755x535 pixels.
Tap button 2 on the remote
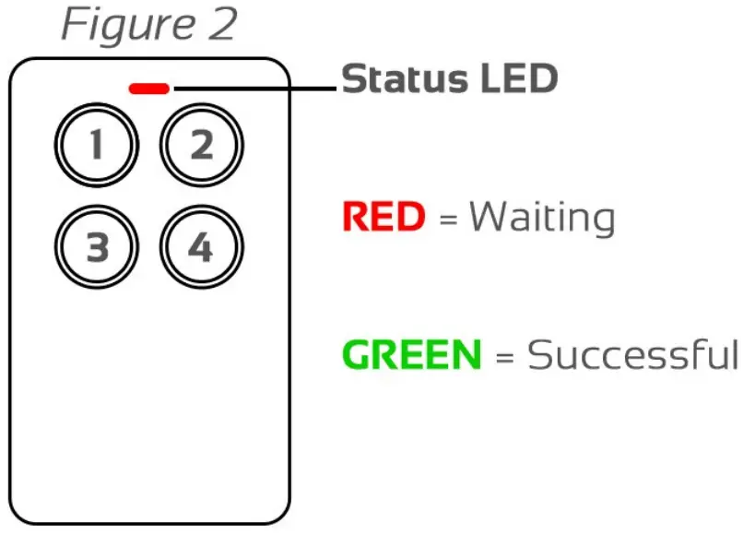click(x=201, y=146)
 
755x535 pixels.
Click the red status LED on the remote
click(x=149, y=89)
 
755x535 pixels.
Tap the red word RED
click(x=383, y=218)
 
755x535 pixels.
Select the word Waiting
click(x=541, y=218)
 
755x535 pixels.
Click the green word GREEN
click(x=411, y=355)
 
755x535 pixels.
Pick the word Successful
click(x=633, y=355)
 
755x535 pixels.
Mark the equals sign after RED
click(x=448, y=220)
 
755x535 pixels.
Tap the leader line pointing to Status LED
click(x=254, y=89)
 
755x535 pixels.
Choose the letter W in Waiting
click(x=488, y=218)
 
